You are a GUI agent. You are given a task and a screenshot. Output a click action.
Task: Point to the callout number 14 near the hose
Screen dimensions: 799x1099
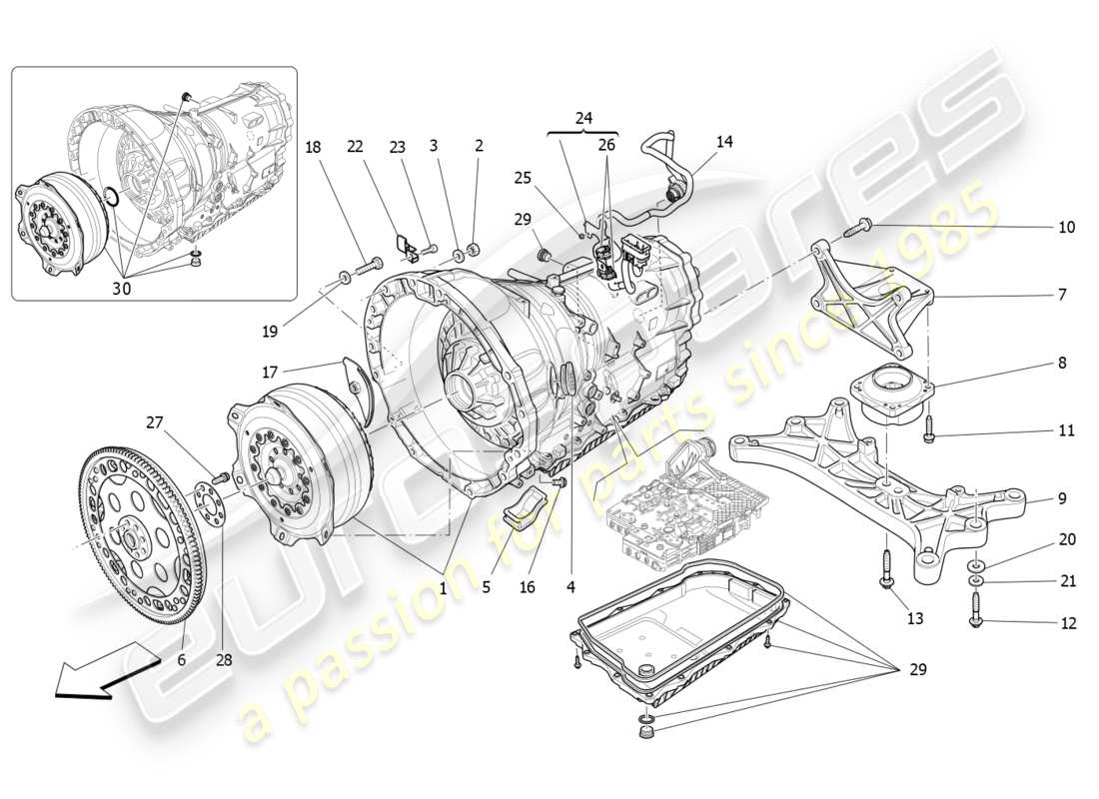(x=724, y=142)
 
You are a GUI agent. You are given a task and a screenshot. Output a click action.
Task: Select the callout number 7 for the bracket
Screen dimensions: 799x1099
(x=1061, y=296)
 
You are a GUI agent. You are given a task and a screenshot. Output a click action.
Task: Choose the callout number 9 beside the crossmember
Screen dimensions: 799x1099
(x=1061, y=497)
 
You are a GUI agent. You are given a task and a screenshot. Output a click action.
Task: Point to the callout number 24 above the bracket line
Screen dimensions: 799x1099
(x=584, y=118)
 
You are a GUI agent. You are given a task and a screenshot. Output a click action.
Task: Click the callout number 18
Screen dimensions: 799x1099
(x=313, y=146)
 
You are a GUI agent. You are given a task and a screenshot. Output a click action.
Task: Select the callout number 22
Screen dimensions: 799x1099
(x=354, y=146)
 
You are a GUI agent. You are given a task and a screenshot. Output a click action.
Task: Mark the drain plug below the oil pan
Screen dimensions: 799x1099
(x=644, y=739)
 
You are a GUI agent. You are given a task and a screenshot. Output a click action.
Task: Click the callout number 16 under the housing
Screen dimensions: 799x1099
(x=527, y=587)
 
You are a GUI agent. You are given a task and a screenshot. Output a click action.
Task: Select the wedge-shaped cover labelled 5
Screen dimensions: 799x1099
(x=519, y=508)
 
